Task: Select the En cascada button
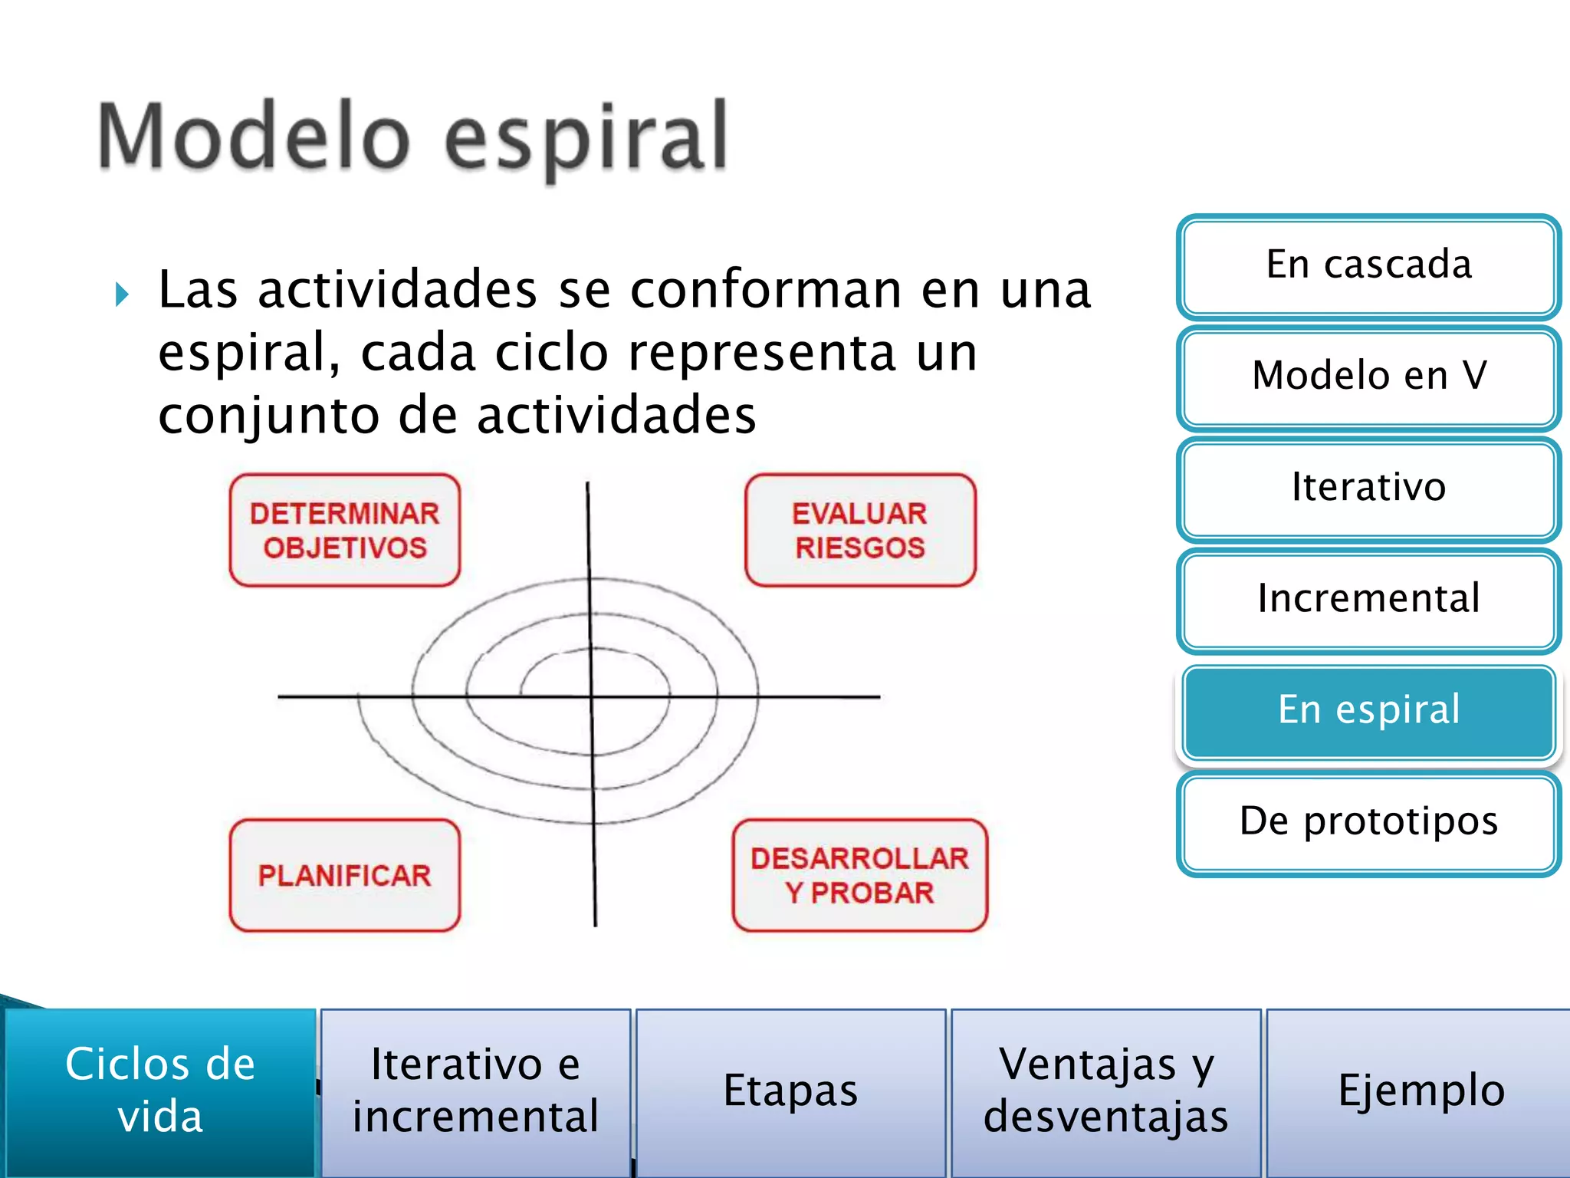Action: (1368, 265)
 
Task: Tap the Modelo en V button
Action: (1368, 377)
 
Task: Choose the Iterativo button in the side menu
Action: (1368, 488)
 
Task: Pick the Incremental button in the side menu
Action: (1368, 599)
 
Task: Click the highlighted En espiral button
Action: (1368, 710)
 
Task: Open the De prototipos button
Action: (1368, 822)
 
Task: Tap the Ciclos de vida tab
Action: (159, 1090)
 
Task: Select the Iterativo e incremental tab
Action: (475, 1090)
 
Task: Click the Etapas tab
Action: (790, 1090)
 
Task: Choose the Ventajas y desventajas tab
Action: (1105, 1090)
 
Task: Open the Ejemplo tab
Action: (1421, 1090)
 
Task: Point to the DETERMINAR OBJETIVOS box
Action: (345, 530)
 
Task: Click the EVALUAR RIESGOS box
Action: (860, 530)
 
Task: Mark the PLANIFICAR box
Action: (345, 875)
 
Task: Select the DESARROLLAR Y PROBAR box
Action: (859, 875)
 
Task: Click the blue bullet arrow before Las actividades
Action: (122, 294)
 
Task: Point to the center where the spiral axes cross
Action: (592, 696)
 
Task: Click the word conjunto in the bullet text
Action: (268, 416)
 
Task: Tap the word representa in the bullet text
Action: (762, 354)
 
